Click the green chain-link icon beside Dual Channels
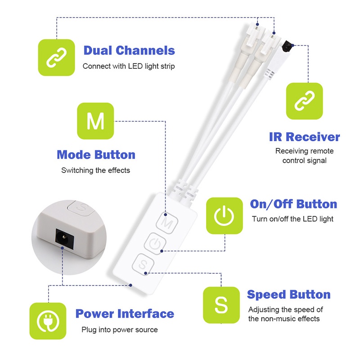pos(56,58)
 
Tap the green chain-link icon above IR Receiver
pos(305,101)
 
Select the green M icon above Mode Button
pos(95,121)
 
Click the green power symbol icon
pos(224,216)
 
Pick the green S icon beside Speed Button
pos(221,305)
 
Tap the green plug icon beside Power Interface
pos(48,321)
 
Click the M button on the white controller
pos(167,222)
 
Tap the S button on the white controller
pos(143,264)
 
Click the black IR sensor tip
pos(287,47)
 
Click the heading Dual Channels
pos(129,50)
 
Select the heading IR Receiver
pos(305,137)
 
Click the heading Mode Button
pos(96,155)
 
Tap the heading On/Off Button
pos(294,204)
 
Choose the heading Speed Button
pos(288,295)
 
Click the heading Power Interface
pos(125,314)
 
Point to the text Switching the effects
pos(95,171)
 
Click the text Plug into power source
pos(120,330)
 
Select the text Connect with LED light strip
pos(129,66)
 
